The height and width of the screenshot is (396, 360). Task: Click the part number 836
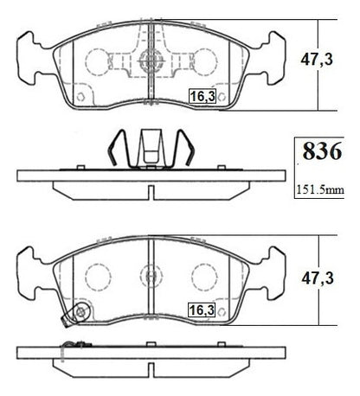[x=322, y=151]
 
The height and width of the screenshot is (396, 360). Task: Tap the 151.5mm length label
[x=320, y=189]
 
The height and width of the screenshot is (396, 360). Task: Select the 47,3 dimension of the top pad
[x=317, y=60]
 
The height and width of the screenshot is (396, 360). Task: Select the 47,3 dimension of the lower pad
[x=318, y=278]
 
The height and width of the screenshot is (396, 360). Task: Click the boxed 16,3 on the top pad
[x=202, y=96]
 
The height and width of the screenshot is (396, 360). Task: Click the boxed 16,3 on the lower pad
[x=202, y=310]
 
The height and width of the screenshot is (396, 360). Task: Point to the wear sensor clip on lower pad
[x=77, y=314]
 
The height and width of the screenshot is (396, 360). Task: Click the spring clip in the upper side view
[x=151, y=149]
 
